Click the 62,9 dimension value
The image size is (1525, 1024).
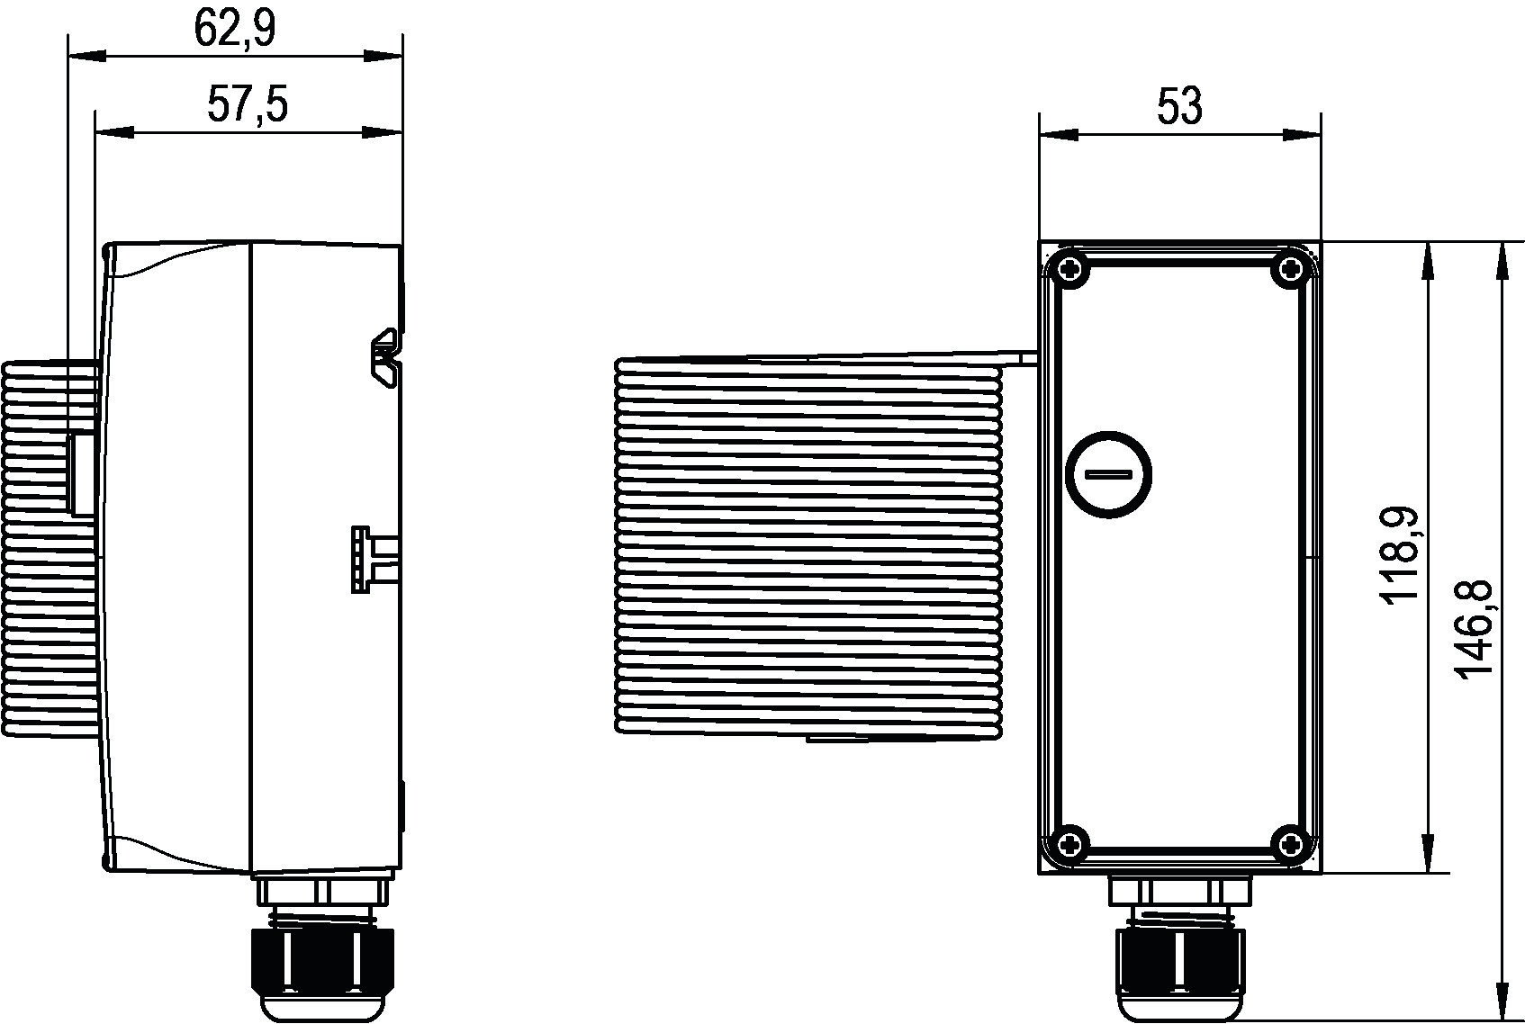[235, 29]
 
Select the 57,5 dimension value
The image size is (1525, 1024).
[248, 104]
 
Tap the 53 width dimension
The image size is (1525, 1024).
[1180, 107]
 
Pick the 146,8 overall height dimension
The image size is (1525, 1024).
[1474, 630]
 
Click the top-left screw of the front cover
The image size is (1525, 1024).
[1070, 269]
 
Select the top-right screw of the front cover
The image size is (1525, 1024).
[1289, 269]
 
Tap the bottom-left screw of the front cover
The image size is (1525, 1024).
[1070, 844]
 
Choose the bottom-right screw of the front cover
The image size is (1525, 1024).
[1289, 844]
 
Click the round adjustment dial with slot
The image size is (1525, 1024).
[1108, 474]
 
